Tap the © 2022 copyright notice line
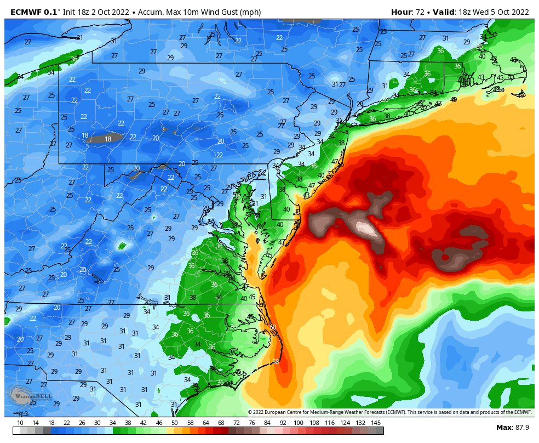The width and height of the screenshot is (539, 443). [389, 412]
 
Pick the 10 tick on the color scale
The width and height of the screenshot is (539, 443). [20, 423]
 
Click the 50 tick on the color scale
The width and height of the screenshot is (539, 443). [174, 423]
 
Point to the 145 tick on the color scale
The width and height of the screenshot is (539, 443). [376, 423]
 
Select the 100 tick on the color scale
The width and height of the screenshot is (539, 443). [299, 423]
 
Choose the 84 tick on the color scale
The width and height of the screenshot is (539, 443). [267, 423]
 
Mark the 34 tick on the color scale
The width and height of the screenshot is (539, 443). [113, 423]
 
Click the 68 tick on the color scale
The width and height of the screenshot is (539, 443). [221, 423]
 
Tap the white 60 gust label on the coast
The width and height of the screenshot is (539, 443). [273, 327]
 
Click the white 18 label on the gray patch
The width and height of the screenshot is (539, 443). [108, 139]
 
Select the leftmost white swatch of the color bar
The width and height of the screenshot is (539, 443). [16, 431]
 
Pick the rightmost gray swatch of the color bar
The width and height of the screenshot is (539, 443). [380, 431]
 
